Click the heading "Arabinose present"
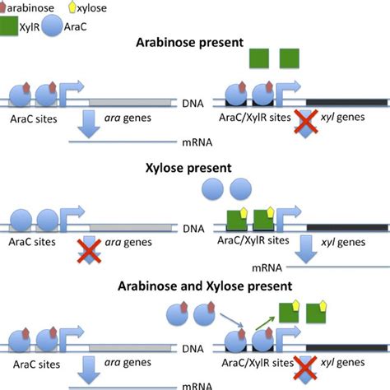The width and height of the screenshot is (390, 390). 195,40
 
